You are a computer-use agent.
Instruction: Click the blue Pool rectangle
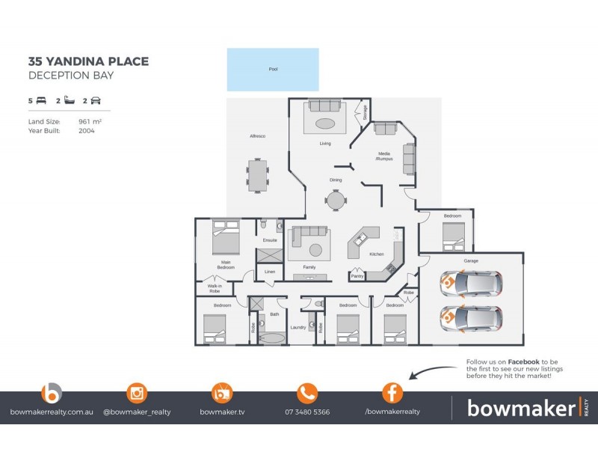click(x=273, y=70)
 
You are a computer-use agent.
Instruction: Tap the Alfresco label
click(x=258, y=136)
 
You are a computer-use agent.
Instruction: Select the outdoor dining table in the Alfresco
click(x=258, y=176)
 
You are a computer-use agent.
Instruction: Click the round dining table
click(x=336, y=200)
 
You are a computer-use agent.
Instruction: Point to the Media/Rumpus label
click(x=384, y=156)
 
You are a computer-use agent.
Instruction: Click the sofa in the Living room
click(x=324, y=106)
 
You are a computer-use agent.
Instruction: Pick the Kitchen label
click(x=377, y=254)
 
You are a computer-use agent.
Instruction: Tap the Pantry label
click(x=357, y=276)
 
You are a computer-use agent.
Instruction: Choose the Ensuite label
click(x=270, y=240)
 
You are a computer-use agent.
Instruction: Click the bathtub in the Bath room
click(x=272, y=338)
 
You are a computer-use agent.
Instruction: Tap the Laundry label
click(x=298, y=328)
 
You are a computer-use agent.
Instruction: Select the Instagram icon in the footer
click(x=137, y=393)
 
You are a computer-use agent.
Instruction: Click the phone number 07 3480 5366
click(x=307, y=412)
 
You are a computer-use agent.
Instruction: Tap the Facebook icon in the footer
click(x=392, y=393)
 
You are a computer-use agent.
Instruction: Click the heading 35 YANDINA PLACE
click(x=88, y=61)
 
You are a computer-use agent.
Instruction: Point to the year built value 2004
click(x=86, y=130)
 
